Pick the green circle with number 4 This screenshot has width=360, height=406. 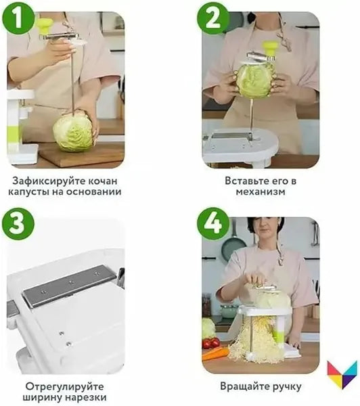click(212, 224)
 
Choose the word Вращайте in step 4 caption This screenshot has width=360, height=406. click(246, 387)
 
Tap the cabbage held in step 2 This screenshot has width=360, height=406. click(254, 81)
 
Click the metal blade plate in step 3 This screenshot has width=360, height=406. click(69, 284)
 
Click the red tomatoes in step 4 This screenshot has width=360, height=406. click(211, 342)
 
